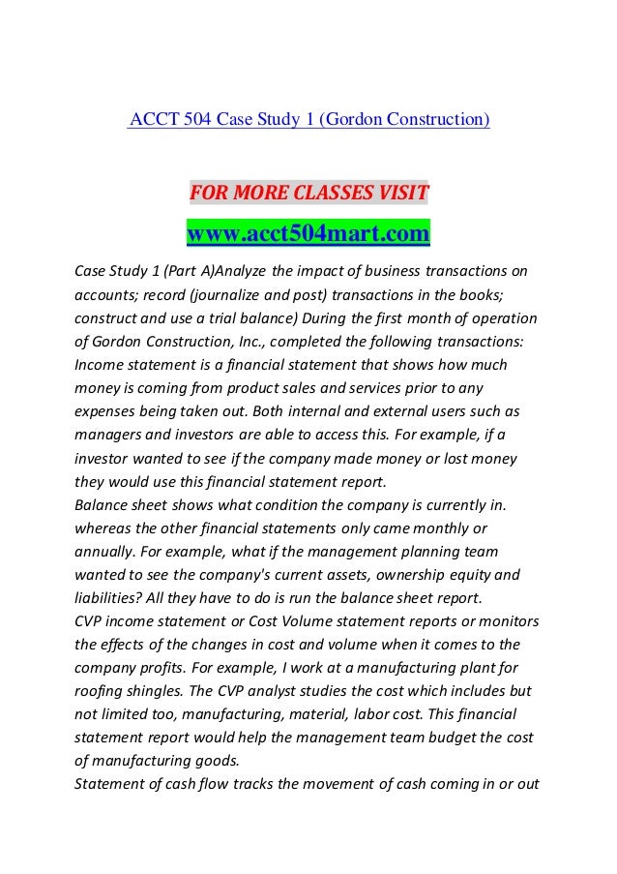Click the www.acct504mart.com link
[308, 233]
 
